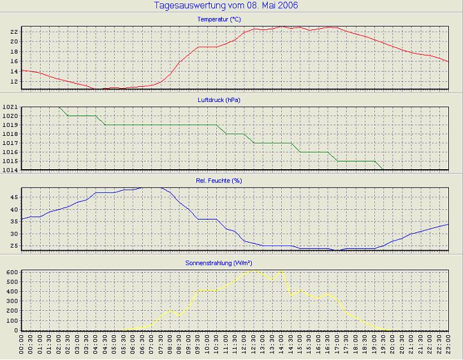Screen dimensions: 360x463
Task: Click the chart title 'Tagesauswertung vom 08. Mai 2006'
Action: pos(226,6)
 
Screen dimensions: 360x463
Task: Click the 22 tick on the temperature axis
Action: pos(13,31)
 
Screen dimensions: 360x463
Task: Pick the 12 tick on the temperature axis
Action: pos(13,82)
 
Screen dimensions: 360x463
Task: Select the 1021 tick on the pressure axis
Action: pos(10,107)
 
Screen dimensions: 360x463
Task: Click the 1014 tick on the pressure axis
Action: pos(10,170)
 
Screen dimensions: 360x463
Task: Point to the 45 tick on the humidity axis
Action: pos(13,198)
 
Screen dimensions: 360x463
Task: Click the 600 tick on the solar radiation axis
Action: pos(11,272)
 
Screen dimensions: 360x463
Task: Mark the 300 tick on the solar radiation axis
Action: pos(11,301)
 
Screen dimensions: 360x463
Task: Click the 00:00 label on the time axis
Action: pos(22,347)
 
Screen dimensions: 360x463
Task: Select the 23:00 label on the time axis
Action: pos(448,347)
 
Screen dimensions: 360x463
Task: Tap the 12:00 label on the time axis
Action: pos(244,347)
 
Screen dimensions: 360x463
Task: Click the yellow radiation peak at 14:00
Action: pos(281,272)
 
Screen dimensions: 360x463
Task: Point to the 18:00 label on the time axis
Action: pos(356,347)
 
